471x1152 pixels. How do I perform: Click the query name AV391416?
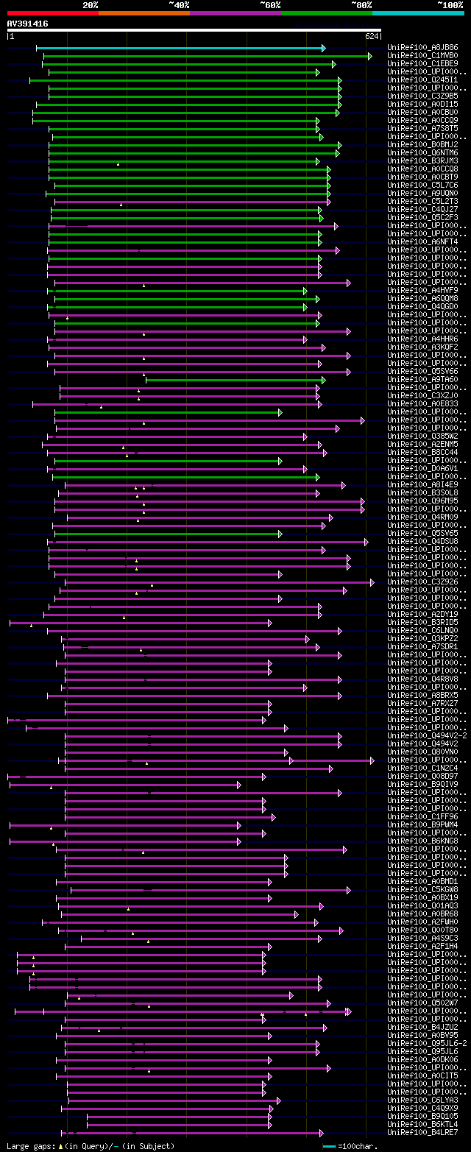[x=27, y=24]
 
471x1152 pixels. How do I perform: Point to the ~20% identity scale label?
[x=90, y=4]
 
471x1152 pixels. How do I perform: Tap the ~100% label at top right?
[x=450, y=4]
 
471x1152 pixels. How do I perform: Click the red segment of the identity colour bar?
[x=52, y=13]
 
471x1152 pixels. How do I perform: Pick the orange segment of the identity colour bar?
[x=144, y=13]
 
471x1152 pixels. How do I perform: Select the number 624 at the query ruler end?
[x=371, y=36]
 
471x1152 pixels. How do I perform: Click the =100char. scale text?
[x=358, y=1146]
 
